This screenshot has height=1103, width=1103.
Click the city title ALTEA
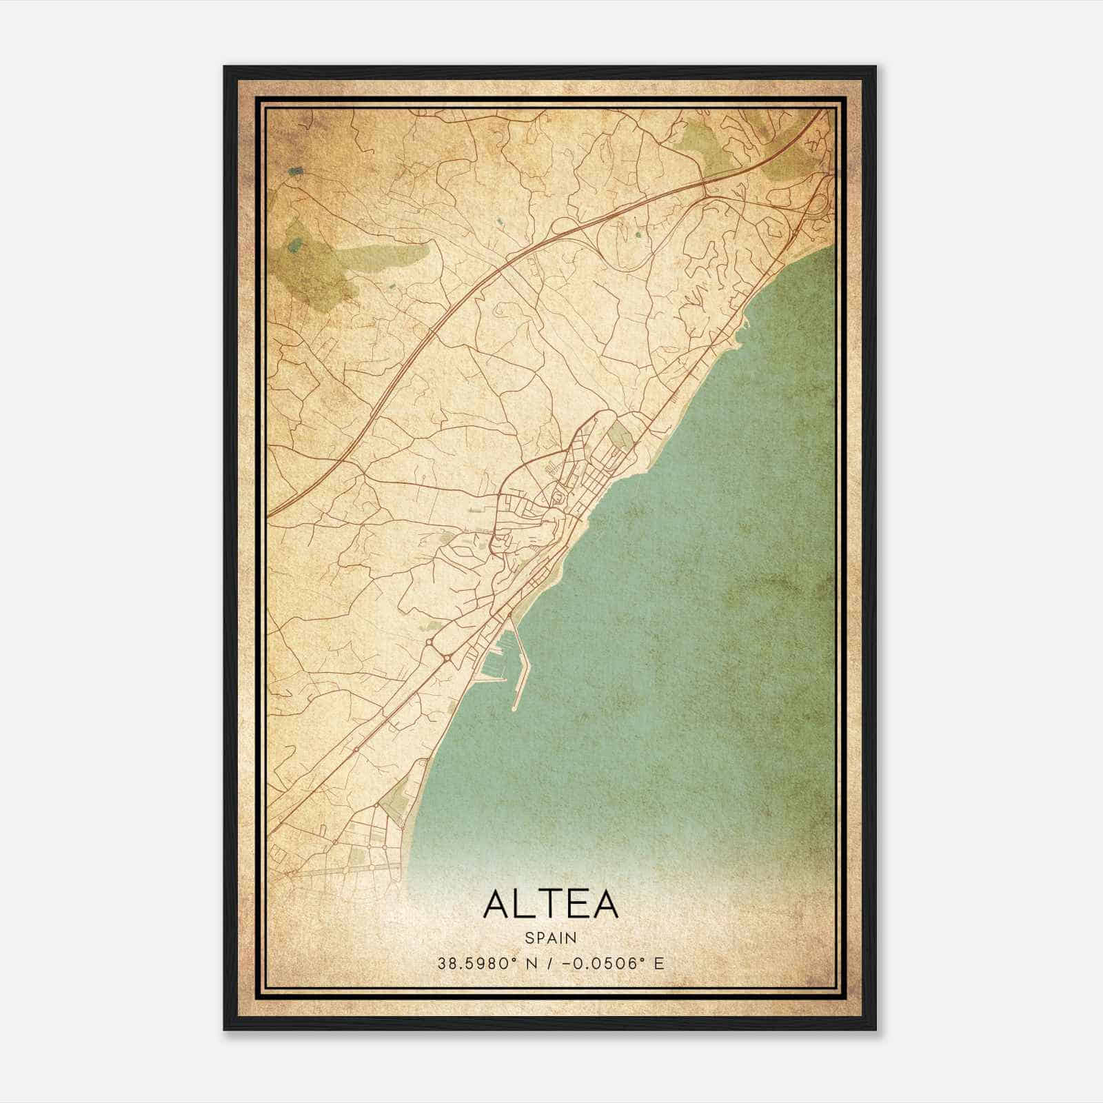click(551, 904)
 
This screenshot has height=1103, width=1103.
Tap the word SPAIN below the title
click(551, 938)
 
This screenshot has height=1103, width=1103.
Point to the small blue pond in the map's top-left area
click(296, 171)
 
